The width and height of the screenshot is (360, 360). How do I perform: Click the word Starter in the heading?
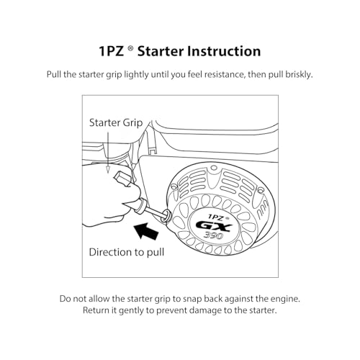pyautogui.click(x=160, y=51)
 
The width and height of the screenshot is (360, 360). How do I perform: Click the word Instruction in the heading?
pyautogui.click(x=224, y=51)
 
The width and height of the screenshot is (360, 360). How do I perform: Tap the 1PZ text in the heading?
pyautogui.click(x=111, y=51)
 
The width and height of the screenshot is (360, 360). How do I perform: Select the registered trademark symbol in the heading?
pyautogui.click(x=130, y=49)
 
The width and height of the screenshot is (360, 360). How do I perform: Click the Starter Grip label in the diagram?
pyautogui.click(x=116, y=122)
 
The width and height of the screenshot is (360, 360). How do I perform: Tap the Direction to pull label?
pyautogui.click(x=127, y=252)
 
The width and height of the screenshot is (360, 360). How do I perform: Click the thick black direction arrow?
pyautogui.click(x=146, y=231)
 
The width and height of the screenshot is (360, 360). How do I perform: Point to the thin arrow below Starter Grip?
pyautogui.click(x=108, y=153)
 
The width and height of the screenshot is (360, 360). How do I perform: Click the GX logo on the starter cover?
pyautogui.click(x=214, y=226)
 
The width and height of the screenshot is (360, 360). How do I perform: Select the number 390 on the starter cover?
pyautogui.click(x=214, y=235)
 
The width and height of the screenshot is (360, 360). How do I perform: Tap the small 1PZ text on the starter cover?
pyautogui.click(x=217, y=217)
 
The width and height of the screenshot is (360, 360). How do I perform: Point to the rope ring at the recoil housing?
pyautogui.click(x=166, y=215)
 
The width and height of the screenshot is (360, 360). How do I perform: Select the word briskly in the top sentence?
pyautogui.click(x=299, y=75)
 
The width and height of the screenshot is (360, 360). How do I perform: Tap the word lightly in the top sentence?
pyautogui.click(x=136, y=75)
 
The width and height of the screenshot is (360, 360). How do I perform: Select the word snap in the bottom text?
pyautogui.click(x=192, y=300)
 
